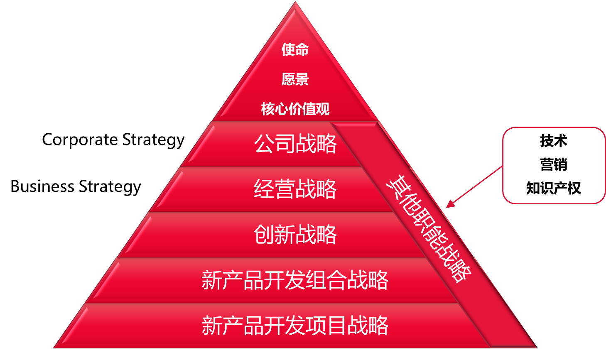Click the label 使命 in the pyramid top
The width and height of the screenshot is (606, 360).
coord(295,50)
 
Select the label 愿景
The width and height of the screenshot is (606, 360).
coord(295,79)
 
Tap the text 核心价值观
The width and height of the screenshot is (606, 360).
coord(295,109)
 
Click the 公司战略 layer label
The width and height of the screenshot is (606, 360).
coord(295,144)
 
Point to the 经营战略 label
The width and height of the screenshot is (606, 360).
coord(295,189)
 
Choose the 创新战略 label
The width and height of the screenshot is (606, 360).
coord(295,235)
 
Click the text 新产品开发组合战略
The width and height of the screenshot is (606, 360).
coord(295,280)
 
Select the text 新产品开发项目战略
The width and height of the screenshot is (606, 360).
coord(295,325)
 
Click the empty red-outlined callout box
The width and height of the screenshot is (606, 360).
coord(554,165)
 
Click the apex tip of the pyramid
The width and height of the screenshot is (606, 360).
coord(295,3)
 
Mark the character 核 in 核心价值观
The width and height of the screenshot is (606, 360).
coord(268,109)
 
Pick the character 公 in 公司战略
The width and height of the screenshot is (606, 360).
coord(264,144)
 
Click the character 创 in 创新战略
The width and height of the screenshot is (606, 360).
coord(264,235)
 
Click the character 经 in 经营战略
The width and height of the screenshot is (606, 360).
coord(264,189)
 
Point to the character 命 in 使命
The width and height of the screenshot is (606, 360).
coord(302,50)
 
